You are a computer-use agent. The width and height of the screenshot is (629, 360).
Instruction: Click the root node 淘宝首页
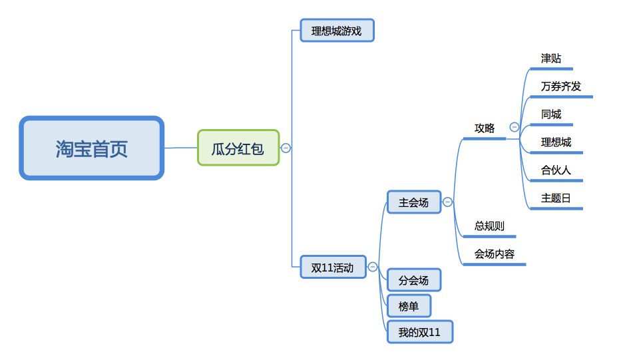[92, 148]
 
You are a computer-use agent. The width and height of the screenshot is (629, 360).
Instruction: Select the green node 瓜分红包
[238, 148]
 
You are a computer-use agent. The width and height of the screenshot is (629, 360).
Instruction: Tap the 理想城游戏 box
[337, 31]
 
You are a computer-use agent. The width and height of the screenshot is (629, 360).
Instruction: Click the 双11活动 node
[333, 267]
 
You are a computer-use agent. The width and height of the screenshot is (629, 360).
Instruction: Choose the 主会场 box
[414, 202]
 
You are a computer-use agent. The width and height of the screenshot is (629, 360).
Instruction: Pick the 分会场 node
[414, 280]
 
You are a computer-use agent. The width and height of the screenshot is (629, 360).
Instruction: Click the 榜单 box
[409, 306]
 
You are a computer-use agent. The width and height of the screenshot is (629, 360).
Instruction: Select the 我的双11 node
[419, 332]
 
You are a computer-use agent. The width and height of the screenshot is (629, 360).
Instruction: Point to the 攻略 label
[485, 128]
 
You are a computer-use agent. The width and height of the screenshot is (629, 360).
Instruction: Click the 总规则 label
[489, 226]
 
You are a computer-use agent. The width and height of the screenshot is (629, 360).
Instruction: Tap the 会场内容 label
[495, 254]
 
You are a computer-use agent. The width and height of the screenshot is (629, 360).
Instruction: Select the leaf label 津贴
[552, 59]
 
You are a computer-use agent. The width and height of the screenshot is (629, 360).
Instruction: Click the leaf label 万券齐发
[561, 87]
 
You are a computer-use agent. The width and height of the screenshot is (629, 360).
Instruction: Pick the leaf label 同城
[552, 114]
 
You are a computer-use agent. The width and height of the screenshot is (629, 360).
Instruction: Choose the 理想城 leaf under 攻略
[556, 142]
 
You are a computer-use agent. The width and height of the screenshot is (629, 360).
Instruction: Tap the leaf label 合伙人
[556, 170]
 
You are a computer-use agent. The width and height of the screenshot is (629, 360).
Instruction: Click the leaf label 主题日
[556, 198]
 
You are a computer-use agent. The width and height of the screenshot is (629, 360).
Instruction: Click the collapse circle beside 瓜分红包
[286, 148]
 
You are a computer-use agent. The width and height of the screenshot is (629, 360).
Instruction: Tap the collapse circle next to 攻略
[515, 127]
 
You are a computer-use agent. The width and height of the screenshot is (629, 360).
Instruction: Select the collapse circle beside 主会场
[448, 202]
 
